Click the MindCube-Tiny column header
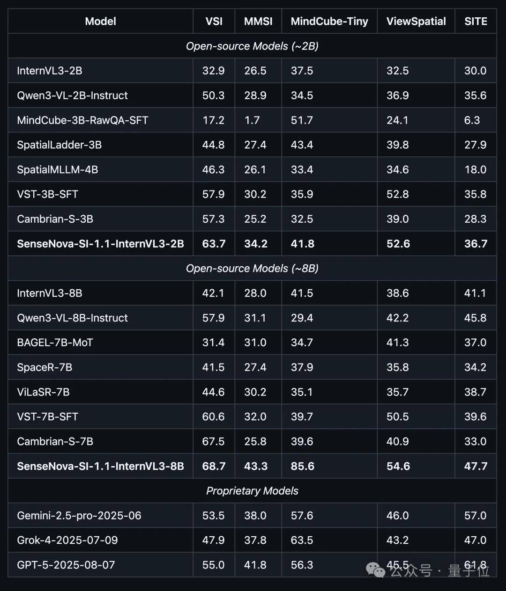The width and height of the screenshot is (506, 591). pyautogui.click(x=329, y=22)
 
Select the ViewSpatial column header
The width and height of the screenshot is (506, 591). pyautogui.click(x=416, y=22)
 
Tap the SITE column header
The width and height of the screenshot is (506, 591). pyautogui.click(x=476, y=22)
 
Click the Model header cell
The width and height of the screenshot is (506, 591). pyautogui.click(x=100, y=22)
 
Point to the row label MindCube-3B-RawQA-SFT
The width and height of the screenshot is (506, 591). pyautogui.click(x=82, y=120)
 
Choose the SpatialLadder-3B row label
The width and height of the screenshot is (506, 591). pyautogui.click(x=59, y=145)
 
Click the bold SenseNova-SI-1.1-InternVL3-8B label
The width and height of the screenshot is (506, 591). pyautogui.click(x=100, y=467)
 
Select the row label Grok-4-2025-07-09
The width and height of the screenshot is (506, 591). pyautogui.click(x=67, y=540)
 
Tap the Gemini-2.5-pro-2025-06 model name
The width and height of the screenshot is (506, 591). pyautogui.click(x=79, y=516)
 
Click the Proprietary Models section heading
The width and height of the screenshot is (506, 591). pyautogui.click(x=252, y=491)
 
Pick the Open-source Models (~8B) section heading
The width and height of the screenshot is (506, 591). pyautogui.click(x=252, y=269)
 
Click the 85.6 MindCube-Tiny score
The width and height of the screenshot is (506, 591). pyautogui.click(x=302, y=467)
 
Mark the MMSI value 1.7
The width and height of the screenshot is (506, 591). pyautogui.click(x=252, y=120)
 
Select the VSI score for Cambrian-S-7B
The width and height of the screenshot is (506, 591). pyautogui.click(x=213, y=442)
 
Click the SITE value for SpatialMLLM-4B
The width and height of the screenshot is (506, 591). pyautogui.click(x=475, y=170)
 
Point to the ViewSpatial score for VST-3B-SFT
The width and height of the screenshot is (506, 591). pyautogui.click(x=397, y=195)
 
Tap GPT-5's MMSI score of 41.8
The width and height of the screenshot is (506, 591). pyautogui.click(x=255, y=565)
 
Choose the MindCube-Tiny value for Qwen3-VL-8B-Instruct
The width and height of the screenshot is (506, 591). pyautogui.click(x=302, y=318)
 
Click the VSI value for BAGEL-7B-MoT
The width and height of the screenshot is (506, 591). pyautogui.click(x=213, y=343)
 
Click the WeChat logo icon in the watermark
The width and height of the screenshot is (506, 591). pyautogui.click(x=376, y=569)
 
